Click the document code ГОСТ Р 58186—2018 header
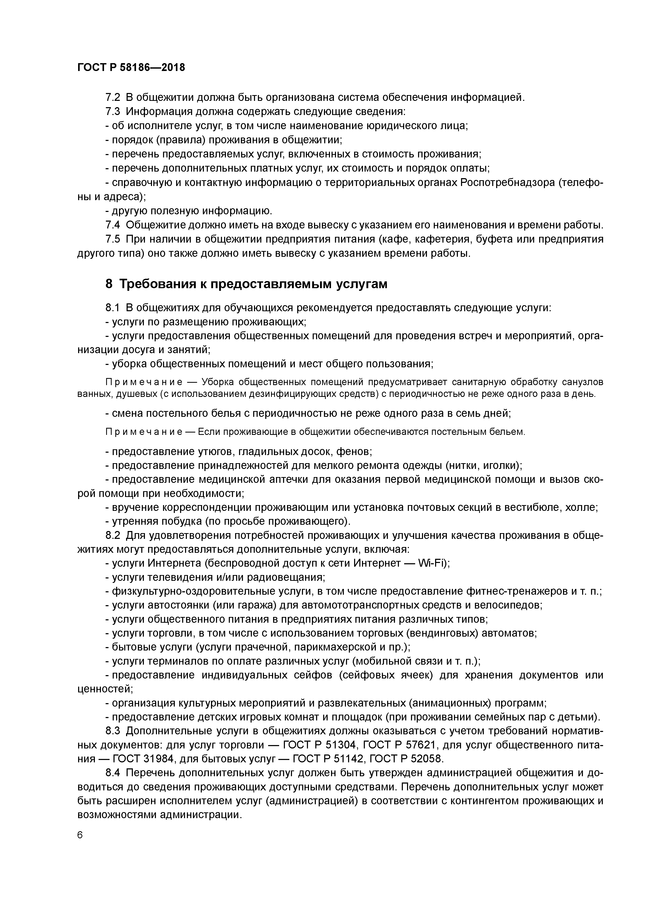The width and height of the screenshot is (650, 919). click(x=131, y=68)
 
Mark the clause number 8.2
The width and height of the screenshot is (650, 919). click(x=113, y=535)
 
